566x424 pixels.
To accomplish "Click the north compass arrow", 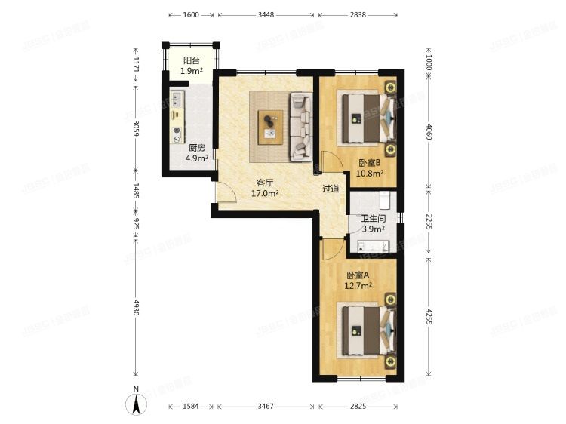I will click(136, 403).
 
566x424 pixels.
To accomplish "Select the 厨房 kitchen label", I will click(196, 148).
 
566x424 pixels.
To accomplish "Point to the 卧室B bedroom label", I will click(370, 163).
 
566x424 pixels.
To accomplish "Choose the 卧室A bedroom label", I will click(359, 275).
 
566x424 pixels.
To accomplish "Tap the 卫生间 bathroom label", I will click(373, 219).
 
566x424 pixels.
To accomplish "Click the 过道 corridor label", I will click(331, 189).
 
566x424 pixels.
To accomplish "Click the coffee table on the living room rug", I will click(270, 125).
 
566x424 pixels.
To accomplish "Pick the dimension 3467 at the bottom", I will click(266, 407).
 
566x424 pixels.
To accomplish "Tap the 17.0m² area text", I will click(265, 193).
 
